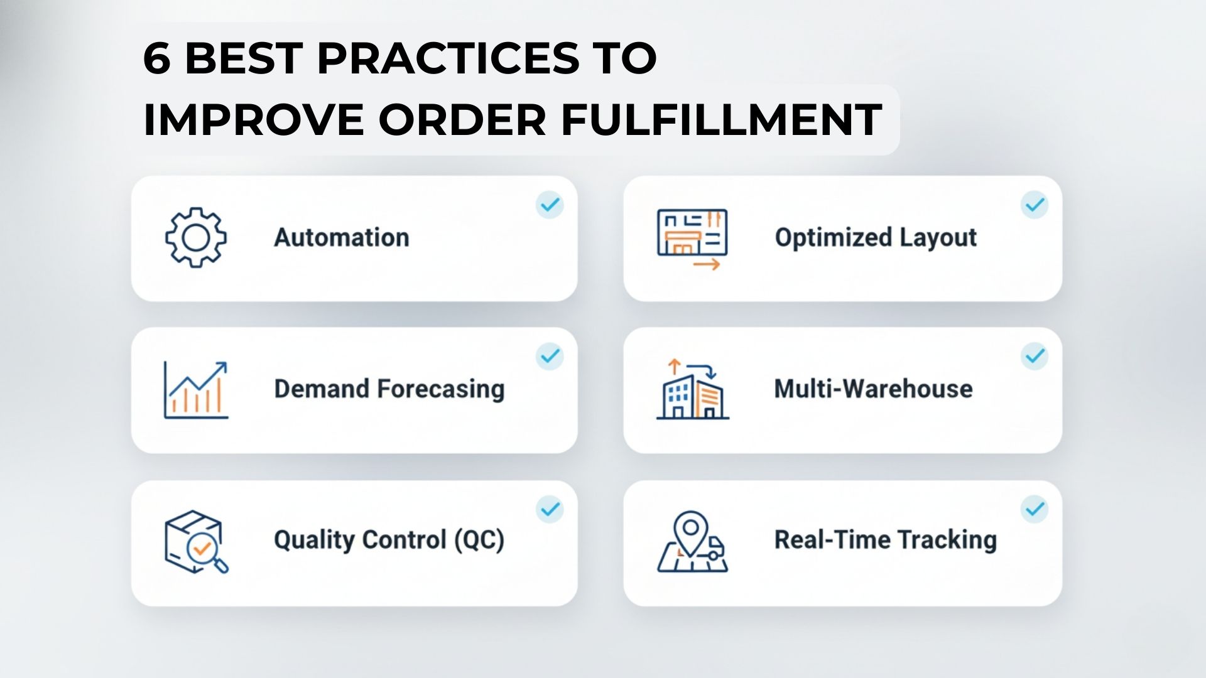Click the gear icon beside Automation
195,238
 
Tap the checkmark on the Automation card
550,205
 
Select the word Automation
341,238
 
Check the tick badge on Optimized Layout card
1034,205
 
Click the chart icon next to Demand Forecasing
195,389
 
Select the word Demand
321,389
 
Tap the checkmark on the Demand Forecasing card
550,356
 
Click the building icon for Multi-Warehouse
692,390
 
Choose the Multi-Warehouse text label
873,389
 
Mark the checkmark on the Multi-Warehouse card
1034,356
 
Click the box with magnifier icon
195,541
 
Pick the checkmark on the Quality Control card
550,508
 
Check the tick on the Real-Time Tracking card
1034,508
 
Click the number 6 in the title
157,59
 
